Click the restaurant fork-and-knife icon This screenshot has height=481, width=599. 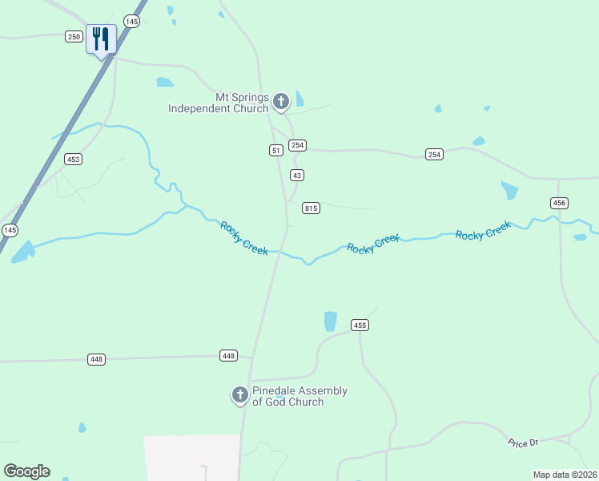point(101,38)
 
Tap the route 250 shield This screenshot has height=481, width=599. point(74,36)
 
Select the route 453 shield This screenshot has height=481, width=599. point(74,160)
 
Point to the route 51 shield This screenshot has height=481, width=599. point(275,150)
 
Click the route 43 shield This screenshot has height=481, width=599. point(297,175)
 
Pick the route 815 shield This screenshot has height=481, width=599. point(312,208)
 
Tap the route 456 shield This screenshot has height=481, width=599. point(559,204)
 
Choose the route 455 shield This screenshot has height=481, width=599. point(360,325)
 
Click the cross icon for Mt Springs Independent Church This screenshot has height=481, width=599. point(280,101)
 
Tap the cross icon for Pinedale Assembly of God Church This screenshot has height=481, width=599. point(239,394)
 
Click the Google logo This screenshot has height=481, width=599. point(26,471)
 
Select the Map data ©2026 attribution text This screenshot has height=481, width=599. point(565,475)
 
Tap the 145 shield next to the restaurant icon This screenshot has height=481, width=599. point(131,21)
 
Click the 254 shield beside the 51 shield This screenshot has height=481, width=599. point(298,145)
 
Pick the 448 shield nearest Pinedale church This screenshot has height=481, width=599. point(229,355)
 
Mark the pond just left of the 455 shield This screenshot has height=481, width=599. point(330,321)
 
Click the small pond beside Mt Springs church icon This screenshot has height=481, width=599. point(299,99)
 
